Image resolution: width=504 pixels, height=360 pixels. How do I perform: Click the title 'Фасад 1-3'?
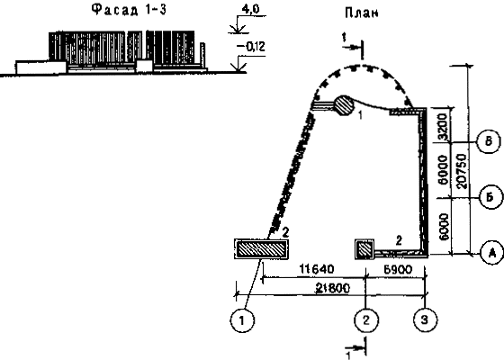(x=130, y=10)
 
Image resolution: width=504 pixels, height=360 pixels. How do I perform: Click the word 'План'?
(x=362, y=13)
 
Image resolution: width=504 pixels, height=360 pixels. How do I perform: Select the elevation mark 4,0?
(x=250, y=9)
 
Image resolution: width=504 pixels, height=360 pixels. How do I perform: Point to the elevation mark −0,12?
(x=251, y=47)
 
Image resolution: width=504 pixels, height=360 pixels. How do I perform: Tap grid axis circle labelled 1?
(x=242, y=320)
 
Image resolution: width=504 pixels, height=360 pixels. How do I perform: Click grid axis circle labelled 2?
(x=366, y=320)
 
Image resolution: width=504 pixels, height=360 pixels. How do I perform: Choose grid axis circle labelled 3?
(x=425, y=320)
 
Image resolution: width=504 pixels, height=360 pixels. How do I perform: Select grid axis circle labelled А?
(x=492, y=253)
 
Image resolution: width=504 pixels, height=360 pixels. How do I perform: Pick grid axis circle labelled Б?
(x=490, y=197)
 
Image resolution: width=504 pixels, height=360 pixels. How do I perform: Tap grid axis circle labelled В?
(x=489, y=141)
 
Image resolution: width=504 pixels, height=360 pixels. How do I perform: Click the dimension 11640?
(x=317, y=269)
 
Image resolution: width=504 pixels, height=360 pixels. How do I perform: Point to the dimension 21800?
(x=333, y=288)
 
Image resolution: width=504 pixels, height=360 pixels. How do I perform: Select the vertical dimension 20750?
(x=461, y=170)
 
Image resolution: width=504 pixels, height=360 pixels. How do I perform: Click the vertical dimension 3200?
(x=443, y=127)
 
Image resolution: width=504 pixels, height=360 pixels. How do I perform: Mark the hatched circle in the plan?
(x=344, y=105)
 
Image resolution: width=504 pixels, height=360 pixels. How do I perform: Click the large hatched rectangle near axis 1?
(x=261, y=249)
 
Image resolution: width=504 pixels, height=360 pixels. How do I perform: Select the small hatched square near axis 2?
(x=364, y=249)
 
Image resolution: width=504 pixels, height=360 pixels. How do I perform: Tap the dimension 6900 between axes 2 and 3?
(x=398, y=269)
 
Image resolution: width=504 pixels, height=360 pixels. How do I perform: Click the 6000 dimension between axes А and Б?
(x=444, y=226)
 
